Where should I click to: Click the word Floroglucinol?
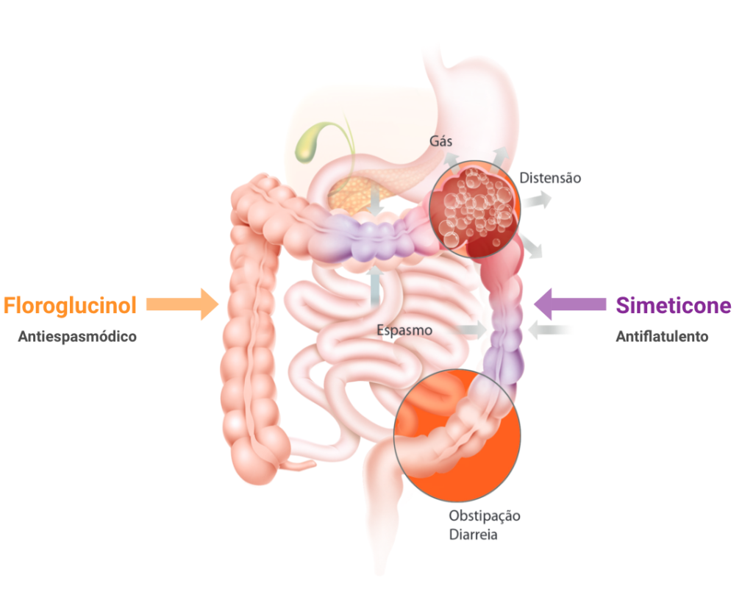pyautogui.click(x=70, y=305)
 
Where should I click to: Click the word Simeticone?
pyautogui.click(x=673, y=305)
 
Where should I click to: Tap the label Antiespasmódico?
pyautogui.click(x=77, y=337)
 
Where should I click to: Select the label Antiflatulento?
pyautogui.click(x=661, y=337)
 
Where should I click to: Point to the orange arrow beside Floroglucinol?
pyautogui.click(x=184, y=304)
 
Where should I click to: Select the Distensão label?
pyautogui.click(x=550, y=178)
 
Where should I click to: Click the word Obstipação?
pyautogui.click(x=485, y=516)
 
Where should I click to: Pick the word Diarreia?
pyautogui.click(x=474, y=535)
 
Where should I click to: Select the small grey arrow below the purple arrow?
pyautogui.click(x=552, y=332)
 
